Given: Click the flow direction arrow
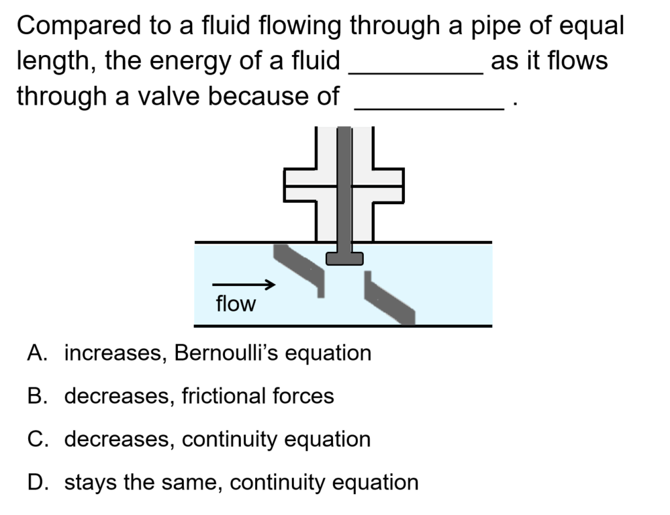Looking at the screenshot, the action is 243,285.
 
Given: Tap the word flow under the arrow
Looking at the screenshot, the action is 236,304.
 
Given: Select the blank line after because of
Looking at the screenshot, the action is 431,107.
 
